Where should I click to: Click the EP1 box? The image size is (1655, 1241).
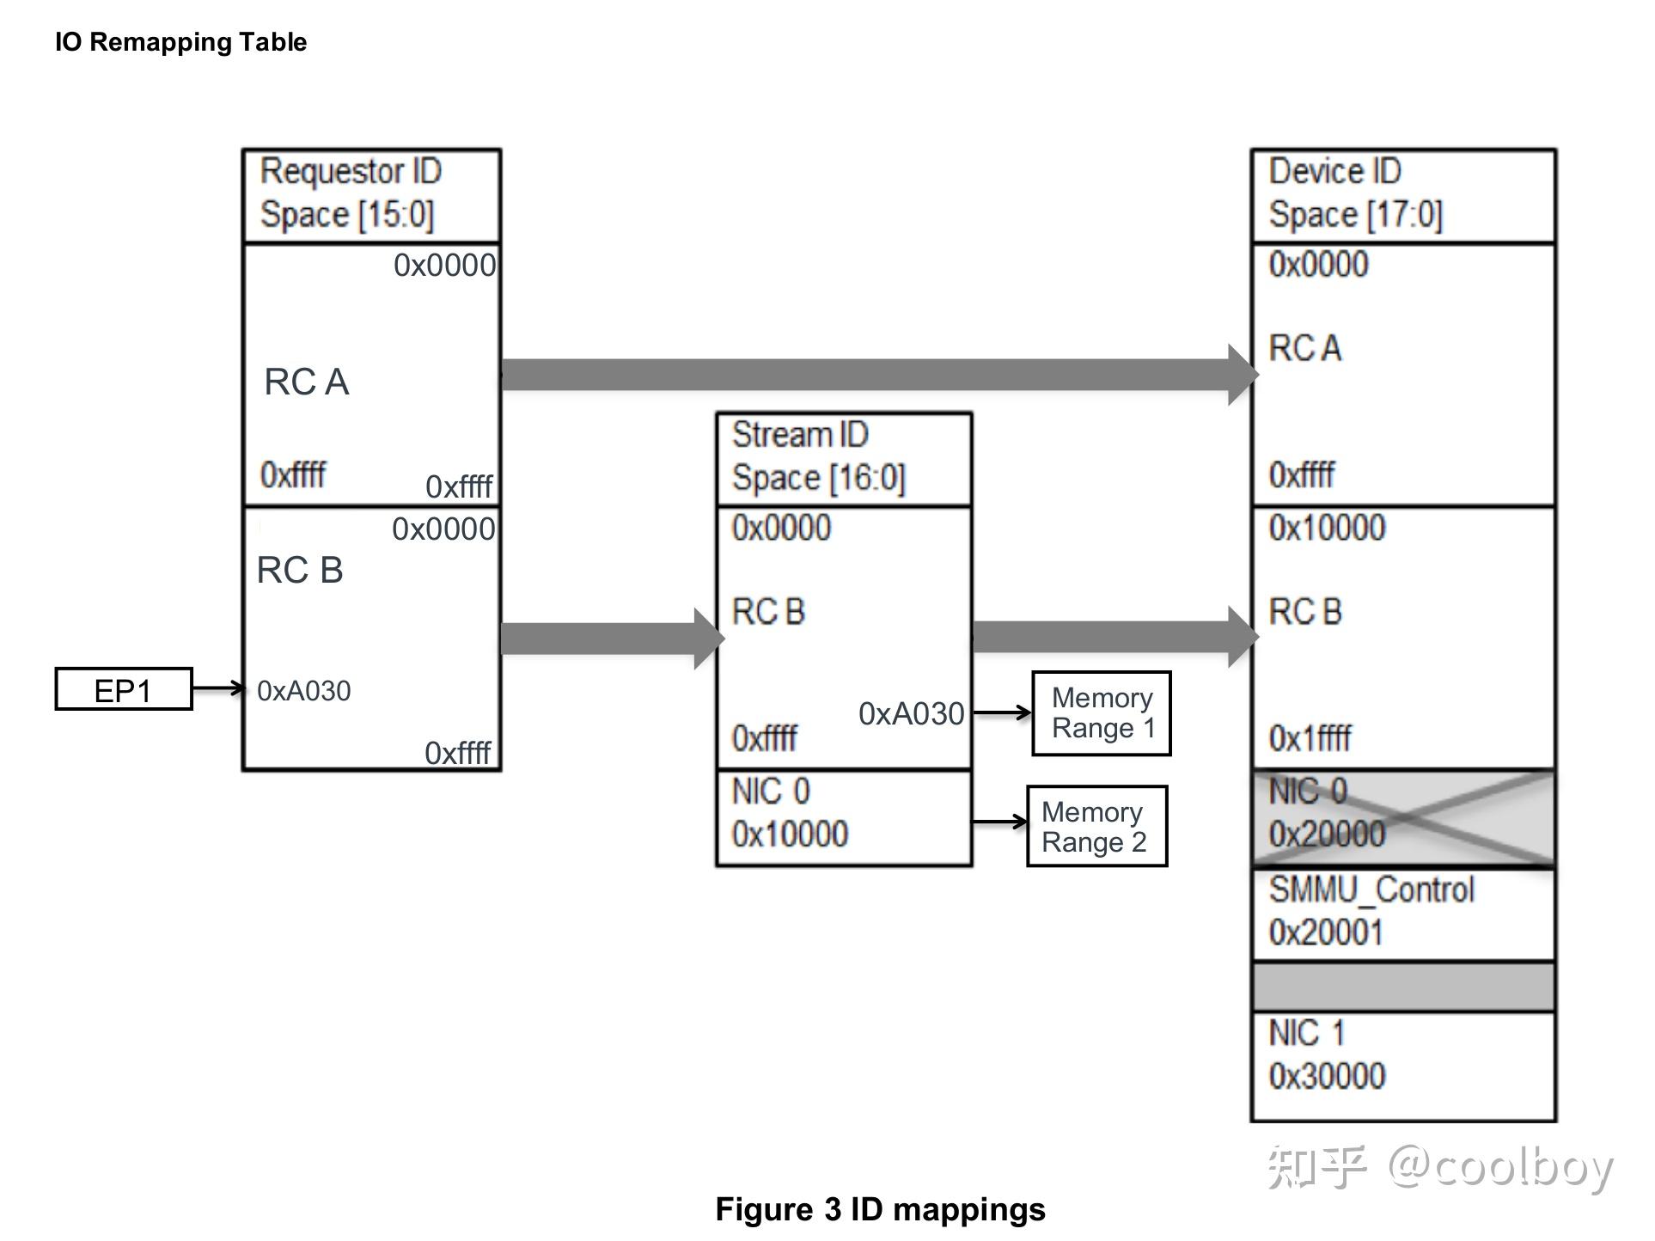123,689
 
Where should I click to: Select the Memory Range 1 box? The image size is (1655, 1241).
1101,713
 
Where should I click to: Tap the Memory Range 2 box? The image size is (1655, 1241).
1096,827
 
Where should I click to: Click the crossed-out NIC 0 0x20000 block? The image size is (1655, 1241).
1402,817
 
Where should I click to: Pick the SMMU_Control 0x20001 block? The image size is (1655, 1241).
1402,913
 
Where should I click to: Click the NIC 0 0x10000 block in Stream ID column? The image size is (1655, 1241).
843,817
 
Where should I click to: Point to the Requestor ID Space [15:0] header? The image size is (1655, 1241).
370,195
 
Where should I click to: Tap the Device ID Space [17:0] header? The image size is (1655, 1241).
1402,195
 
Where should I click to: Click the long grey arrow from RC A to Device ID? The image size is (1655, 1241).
868,375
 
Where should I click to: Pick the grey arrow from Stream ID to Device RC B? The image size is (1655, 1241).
1108,637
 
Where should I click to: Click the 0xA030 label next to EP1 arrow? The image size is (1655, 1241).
303,691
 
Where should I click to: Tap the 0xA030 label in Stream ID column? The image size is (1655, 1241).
911,714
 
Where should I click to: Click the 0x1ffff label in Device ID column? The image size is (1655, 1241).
1310,738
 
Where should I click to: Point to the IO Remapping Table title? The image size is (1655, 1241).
180,42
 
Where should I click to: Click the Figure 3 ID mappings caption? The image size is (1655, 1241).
880,1209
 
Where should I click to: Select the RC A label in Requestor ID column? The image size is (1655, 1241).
306,382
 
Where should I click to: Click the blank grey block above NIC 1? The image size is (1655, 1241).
1402,987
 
